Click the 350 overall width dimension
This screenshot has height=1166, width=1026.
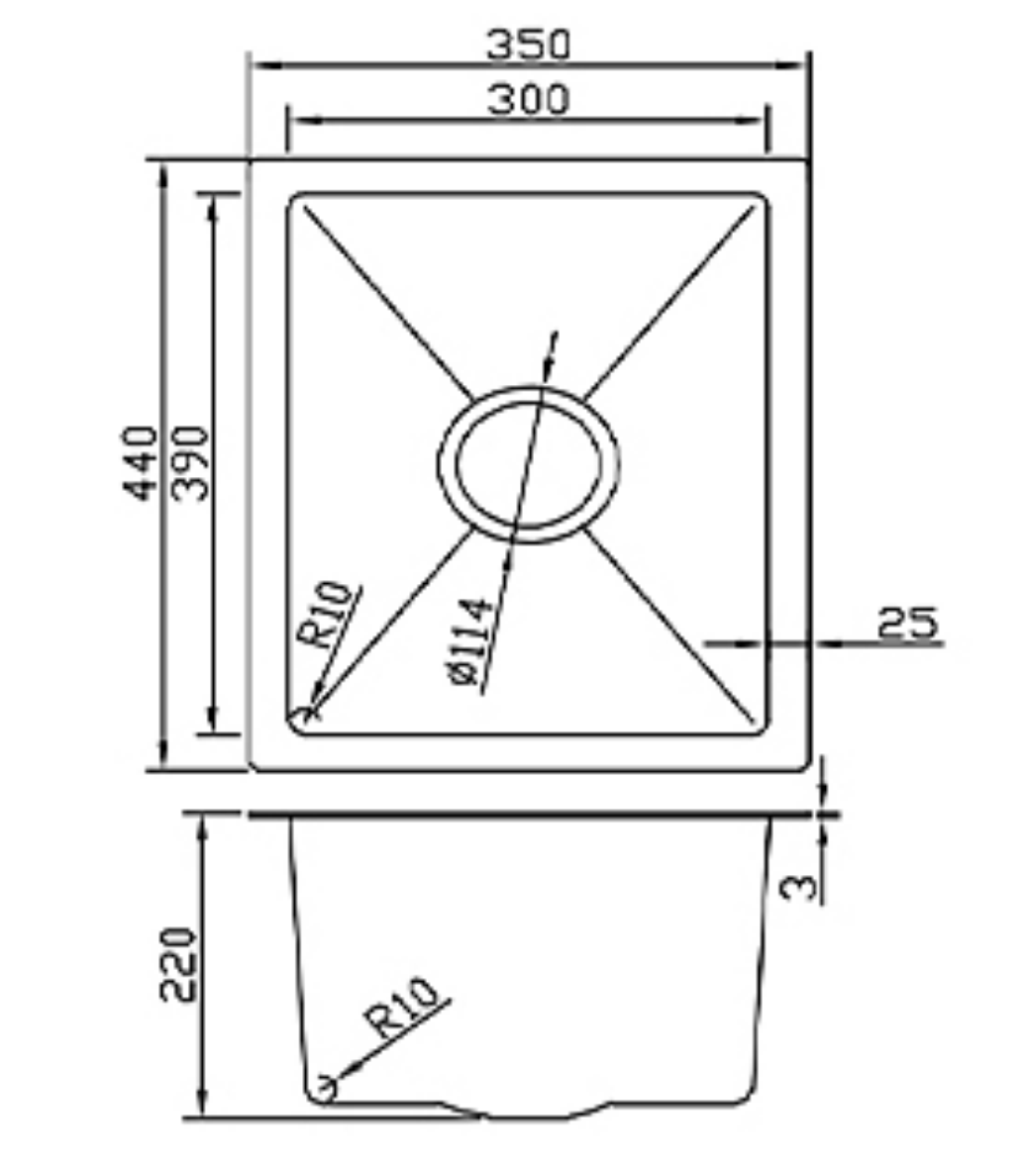coord(528,44)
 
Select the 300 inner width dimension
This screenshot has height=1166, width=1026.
coord(528,99)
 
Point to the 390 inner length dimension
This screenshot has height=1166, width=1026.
coord(193,462)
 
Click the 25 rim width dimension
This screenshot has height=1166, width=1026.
coord(906,624)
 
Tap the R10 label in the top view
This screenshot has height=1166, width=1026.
coord(327,615)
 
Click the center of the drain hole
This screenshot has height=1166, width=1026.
coord(528,463)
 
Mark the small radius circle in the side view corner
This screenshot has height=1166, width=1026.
coord(322,1089)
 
